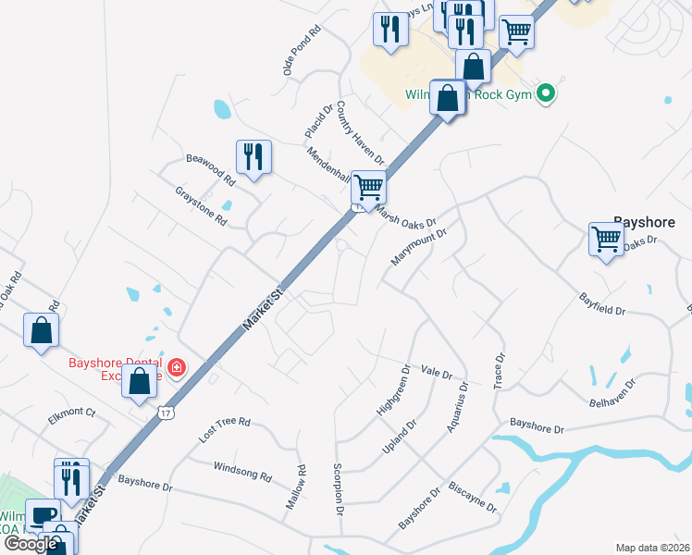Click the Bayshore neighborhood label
[645, 223]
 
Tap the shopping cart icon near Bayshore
[606, 240]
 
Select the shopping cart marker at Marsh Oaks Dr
[368, 188]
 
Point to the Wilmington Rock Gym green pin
[546, 92]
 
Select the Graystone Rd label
[201, 206]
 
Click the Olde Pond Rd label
[301, 52]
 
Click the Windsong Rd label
[242, 472]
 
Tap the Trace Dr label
[500, 369]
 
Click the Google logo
[31, 543]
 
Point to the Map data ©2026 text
[652, 548]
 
